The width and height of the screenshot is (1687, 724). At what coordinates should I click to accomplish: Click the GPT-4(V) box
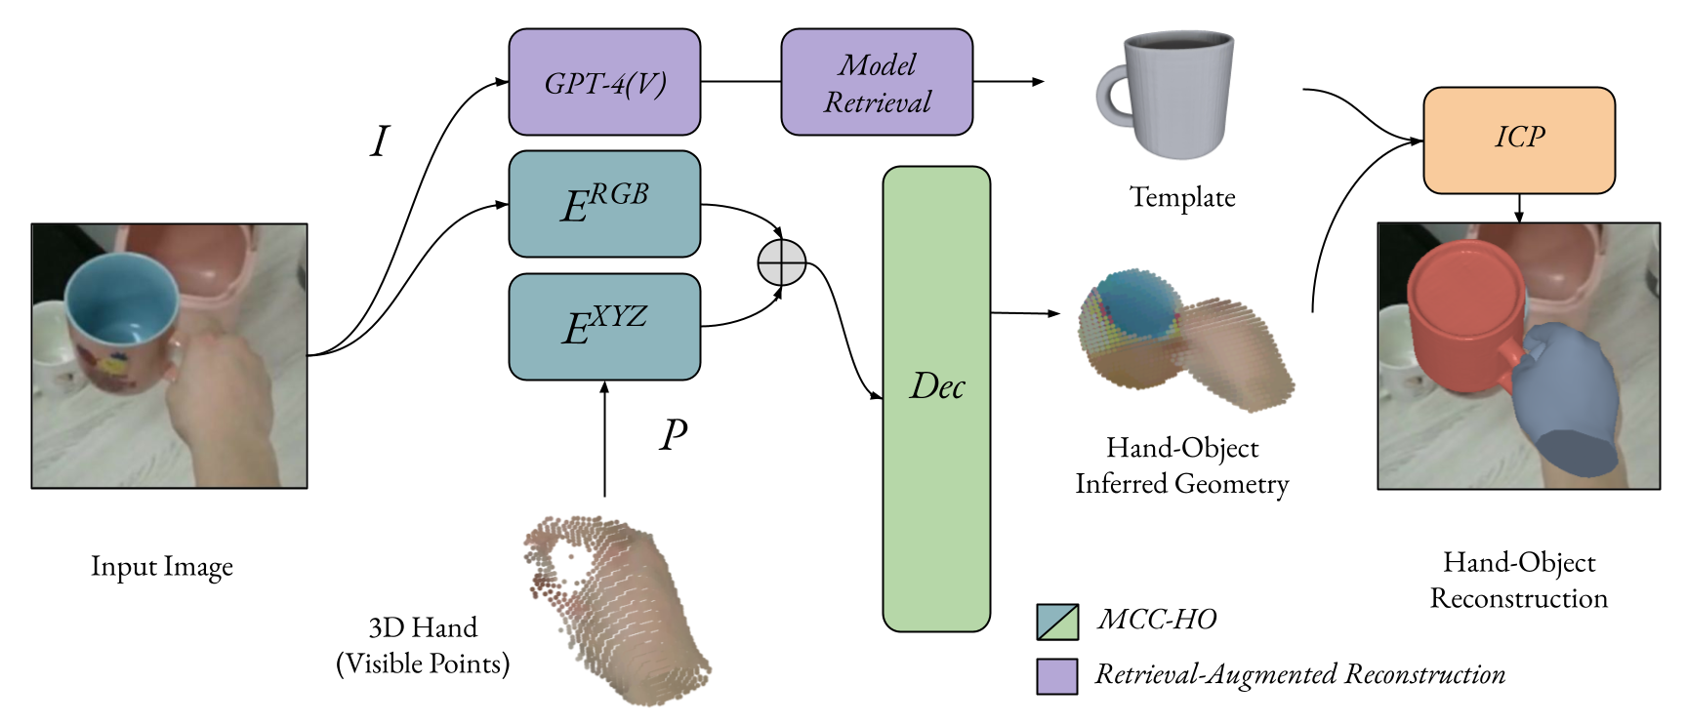[x=604, y=82]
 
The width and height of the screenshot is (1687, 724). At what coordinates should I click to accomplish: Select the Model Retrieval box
[x=877, y=82]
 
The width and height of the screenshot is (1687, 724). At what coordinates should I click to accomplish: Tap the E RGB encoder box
[x=604, y=204]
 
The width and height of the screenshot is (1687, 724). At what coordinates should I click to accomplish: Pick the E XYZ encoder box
[x=604, y=327]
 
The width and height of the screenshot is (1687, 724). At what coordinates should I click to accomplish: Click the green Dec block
[x=936, y=398]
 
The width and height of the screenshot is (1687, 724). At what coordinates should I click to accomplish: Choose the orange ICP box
[x=1518, y=141]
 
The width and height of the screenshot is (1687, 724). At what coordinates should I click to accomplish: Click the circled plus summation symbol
[x=782, y=262]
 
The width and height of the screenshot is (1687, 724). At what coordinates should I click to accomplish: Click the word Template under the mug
[x=1182, y=197]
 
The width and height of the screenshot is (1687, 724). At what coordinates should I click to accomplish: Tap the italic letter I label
[x=379, y=142]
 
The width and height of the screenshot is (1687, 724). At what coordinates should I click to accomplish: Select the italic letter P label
[x=673, y=435]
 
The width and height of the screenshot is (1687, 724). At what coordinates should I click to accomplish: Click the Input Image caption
[x=162, y=567]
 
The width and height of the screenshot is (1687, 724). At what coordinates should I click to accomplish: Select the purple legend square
[x=1057, y=676]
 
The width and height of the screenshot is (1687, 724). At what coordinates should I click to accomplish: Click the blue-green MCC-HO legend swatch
[x=1057, y=622]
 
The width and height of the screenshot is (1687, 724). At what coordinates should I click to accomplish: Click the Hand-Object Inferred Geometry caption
[x=1182, y=465]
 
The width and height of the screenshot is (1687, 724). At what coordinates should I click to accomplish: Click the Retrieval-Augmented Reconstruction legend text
[x=1299, y=674]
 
